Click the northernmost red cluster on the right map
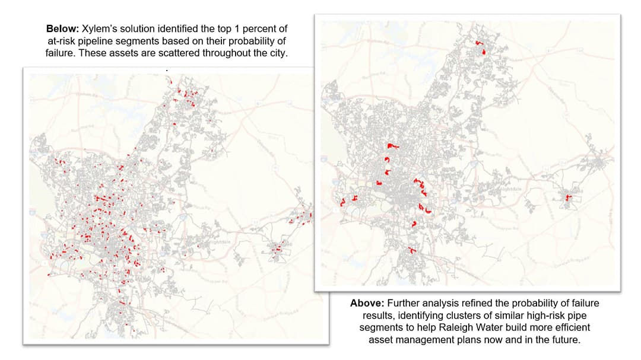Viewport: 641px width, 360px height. (x=482, y=47)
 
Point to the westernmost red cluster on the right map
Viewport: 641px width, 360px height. (x=342, y=203)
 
